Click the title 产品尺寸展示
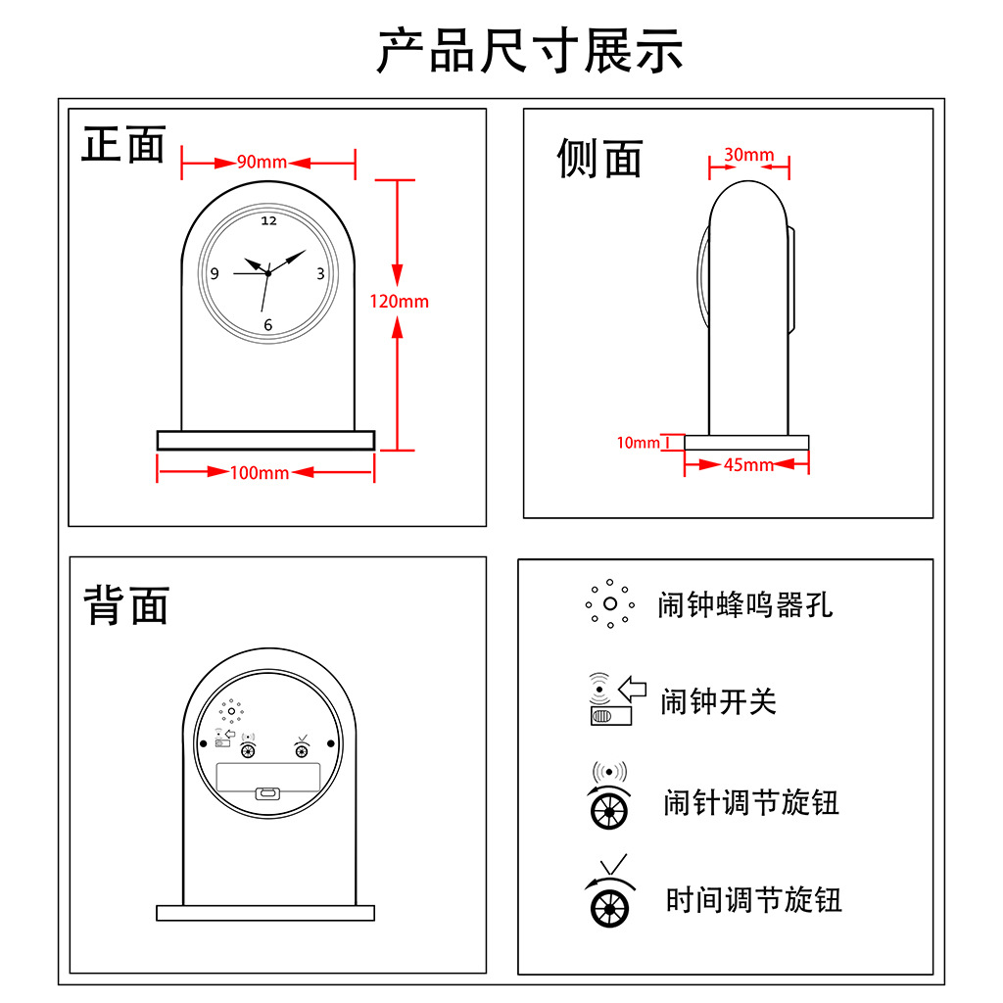coord(530,51)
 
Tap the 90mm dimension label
coord(262,162)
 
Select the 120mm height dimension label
coord(399,301)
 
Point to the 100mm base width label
coord(260,473)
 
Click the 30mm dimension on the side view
coord(749,155)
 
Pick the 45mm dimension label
coord(748,465)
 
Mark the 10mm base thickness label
coord(638,443)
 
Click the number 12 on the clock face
coord(269,221)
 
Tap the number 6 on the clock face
coord(267,325)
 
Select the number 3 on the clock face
coord(320,274)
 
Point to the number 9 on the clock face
coord(215,274)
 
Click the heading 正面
coord(123,145)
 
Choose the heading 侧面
coord(599,158)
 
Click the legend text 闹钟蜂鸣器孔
coord(745,604)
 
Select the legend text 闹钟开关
coord(718,701)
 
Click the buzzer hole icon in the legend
coord(609,603)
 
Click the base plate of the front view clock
coord(265,440)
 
